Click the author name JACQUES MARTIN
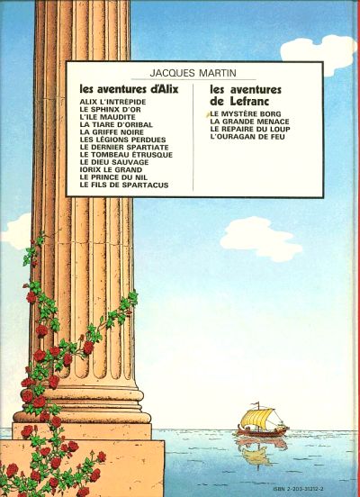point(193,73)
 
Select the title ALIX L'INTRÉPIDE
point(113,102)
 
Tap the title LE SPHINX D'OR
point(111,110)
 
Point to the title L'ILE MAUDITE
point(108,117)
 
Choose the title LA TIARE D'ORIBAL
point(116,124)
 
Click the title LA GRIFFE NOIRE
point(112,132)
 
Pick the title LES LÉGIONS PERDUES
point(123,140)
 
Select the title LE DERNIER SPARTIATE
point(124,148)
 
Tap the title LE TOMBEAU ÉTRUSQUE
point(126,155)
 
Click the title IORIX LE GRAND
point(112,170)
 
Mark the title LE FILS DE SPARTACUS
point(124,185)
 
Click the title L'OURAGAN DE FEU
point(247,137)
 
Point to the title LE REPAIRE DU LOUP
point(250,130)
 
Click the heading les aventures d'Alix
point(130,90)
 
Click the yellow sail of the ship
point(256,418)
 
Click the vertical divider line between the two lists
point(193,138)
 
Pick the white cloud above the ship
point(261,239)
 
